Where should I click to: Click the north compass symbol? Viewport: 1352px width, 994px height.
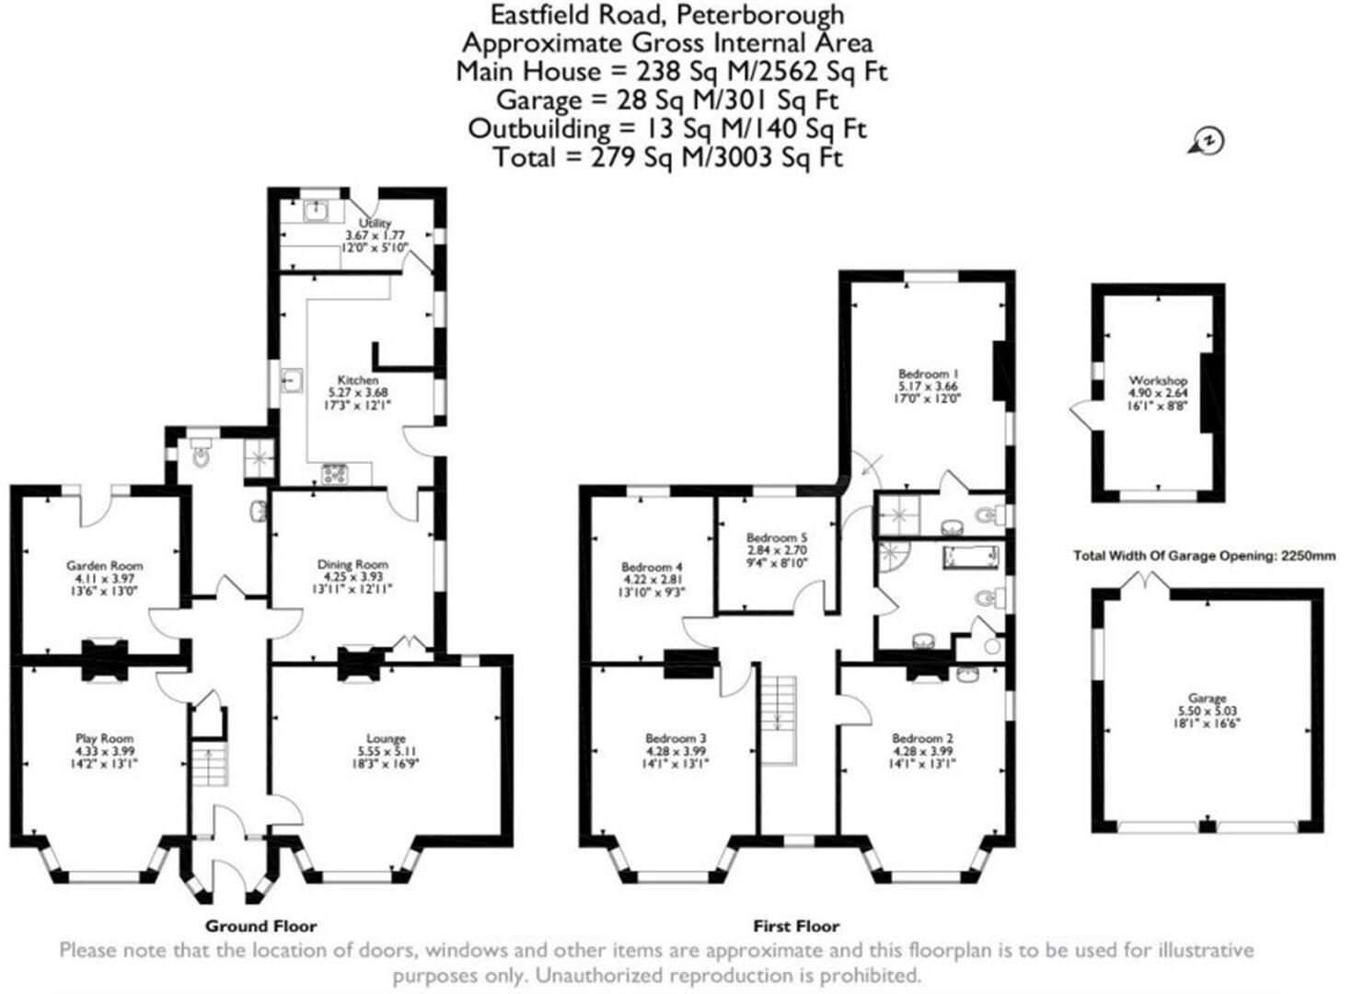pos(1208,141)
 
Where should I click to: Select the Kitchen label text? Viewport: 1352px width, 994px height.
pos(358,380)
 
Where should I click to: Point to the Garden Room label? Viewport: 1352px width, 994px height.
pos(104,566)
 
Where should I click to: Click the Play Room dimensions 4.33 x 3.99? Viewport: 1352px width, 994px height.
pos(104,750)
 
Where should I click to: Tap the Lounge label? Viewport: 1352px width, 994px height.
pos(387,738)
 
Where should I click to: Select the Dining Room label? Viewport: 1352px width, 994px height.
pos(352,564)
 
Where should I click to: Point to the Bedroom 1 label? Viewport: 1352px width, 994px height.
pos(928,374)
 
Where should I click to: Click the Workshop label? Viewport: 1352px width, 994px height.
pos(1158,380)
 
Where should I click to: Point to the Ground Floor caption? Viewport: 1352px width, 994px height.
pos(260,926)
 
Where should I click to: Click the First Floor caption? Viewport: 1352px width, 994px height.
pos(796,926)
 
